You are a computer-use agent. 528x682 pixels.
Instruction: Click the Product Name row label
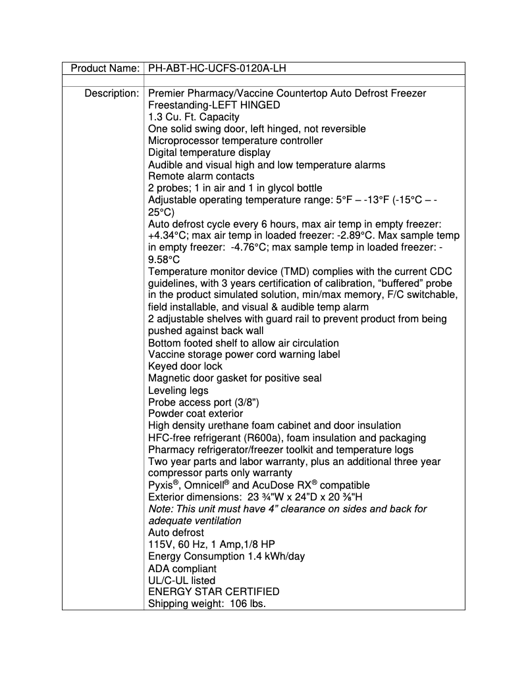coord(105,68)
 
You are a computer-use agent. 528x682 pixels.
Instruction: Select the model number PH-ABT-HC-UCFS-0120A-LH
coord(217,68)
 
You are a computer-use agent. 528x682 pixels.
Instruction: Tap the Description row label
coord(111,93)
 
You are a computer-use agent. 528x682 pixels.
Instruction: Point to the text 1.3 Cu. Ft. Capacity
coord(194,117)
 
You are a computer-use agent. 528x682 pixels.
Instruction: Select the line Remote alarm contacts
coord(201,176)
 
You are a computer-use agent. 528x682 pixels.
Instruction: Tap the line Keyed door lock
coord(185,366)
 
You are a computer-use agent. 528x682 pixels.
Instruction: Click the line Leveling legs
coord(178,390)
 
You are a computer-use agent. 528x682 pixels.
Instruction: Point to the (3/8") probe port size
coord(235,402)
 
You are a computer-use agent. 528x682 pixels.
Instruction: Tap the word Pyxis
coord(161,485)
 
